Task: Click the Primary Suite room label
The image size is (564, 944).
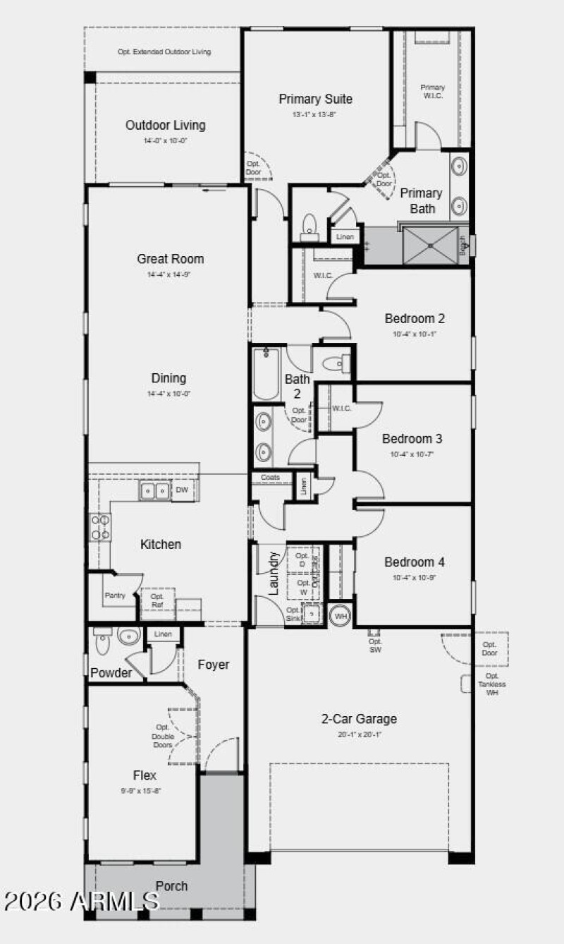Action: (315, 99)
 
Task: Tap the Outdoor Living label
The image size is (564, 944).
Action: (166, 126)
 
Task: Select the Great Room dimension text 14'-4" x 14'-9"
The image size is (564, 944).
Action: (170, 274)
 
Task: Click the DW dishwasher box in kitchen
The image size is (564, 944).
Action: (182, 490)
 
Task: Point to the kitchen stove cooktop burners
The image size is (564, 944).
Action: (99, 527)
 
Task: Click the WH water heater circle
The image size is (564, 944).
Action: (341, 615)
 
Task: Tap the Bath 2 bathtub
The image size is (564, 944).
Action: (266, 374)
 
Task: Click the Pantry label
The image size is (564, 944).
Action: (115, 596)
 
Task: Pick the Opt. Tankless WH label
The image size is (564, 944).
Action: (491, 684)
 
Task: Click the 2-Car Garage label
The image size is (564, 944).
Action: (359, 720)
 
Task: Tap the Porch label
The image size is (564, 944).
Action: (171, 886)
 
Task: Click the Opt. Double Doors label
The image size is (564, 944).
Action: (163, 737)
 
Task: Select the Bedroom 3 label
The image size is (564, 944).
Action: (412, 439)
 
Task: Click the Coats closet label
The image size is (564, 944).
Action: (270, 478)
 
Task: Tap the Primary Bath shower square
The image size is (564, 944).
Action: (429, 246)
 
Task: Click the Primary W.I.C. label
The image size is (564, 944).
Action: (432, 92)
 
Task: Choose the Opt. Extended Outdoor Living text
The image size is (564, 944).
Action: (164, 52)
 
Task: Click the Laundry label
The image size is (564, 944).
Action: (274, 572)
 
